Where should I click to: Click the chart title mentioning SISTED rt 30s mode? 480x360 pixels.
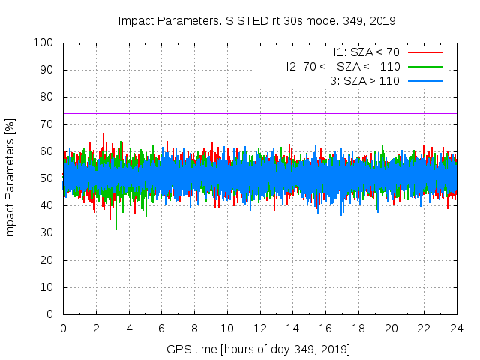(259, 20)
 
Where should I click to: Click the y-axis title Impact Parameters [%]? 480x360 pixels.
(10, 178)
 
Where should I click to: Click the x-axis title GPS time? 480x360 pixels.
(259, 349)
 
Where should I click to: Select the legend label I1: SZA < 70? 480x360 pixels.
(366, 52)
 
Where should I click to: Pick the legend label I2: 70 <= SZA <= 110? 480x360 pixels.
(343, 67)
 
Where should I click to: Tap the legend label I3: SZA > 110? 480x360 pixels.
(363, 80)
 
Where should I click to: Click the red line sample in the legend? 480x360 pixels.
(424, 52)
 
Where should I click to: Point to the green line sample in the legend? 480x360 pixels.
(424, 67)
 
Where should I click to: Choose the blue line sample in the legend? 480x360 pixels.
(424, 80)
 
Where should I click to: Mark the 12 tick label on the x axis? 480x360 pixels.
(259, 328)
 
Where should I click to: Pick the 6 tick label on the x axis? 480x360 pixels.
(161, 328)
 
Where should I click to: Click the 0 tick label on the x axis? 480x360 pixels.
(63, 328)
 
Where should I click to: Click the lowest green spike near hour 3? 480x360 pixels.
(115, 229)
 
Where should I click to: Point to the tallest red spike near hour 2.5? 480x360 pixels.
(103, 134)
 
